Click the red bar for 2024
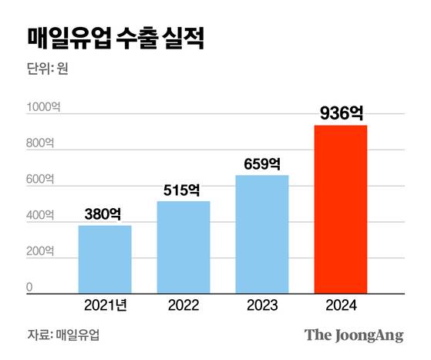click(x=341, y=209)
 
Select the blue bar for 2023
click(x=262, y=234)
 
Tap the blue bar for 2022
click(x=184, y=247)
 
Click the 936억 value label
click(x=341, y=113)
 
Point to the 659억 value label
click(x=262, y=163)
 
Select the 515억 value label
click(x=184, y=190)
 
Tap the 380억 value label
click(x=105, y=214)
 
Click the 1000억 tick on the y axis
click(x=42, y=107)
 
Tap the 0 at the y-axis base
click(x=30, y=288)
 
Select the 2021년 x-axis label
click(x=105, y=306)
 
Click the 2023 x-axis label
click(x=262, y=306)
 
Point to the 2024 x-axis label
click(x=341, y=306)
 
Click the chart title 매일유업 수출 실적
click(x=116, y=39)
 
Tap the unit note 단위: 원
click(x=48, y=69)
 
